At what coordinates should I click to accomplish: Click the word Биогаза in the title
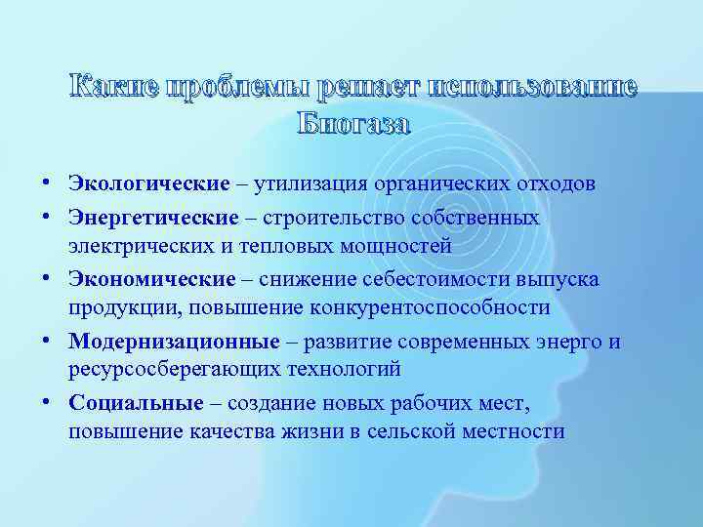click(352, 124)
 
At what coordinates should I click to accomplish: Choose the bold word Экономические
click(152, 279)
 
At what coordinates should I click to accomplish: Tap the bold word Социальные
click(136, 403)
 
